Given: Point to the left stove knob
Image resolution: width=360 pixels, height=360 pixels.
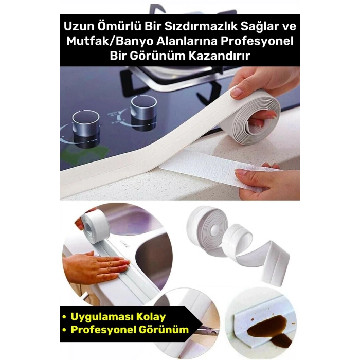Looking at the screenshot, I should tap(85, 123).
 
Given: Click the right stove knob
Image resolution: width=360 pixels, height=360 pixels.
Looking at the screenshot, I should tap(143, 108).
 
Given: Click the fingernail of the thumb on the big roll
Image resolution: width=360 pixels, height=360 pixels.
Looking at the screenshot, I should tap(237, 93).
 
